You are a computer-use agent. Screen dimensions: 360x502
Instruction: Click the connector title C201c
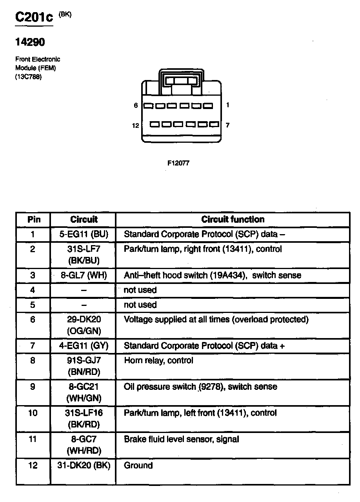[34, 17]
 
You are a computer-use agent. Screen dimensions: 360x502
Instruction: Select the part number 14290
[30, 42]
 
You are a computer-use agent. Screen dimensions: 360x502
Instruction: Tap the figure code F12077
[178, 163]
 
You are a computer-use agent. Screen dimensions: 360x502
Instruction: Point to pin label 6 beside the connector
[136, 105]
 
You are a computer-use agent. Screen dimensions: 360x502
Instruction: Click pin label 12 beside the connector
[136, 125]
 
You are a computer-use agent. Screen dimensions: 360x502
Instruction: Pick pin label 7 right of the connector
[227, 125]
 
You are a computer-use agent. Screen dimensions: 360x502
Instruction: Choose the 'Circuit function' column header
[233, 220]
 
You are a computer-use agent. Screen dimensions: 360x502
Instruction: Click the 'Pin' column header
[34, 220]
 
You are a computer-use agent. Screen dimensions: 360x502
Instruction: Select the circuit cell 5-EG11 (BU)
[84, 235]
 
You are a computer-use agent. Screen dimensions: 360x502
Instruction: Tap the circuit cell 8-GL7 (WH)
[84, 275]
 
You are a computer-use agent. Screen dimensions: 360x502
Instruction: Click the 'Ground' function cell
[138, 466]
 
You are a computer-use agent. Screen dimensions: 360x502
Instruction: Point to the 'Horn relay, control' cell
[158, 360]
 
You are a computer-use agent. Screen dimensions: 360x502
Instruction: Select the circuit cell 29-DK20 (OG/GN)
[84, 325]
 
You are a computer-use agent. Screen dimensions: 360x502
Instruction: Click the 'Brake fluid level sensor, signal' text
[181, 439]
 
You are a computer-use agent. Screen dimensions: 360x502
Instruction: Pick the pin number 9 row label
[33, 387]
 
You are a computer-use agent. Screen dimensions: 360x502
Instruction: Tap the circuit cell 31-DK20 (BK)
[84, 466]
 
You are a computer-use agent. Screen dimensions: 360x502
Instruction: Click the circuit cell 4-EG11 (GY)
[84, 346]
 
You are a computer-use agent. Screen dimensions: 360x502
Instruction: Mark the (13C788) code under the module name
[28, 77]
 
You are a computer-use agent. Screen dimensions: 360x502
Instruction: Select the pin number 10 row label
[33, 413]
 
